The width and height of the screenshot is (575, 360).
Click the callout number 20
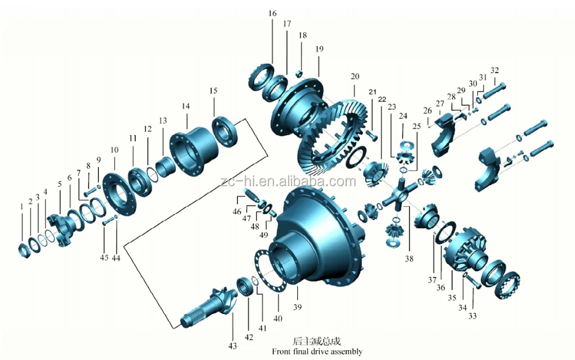[355, 76]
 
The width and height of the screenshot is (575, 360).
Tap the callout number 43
[232, 346]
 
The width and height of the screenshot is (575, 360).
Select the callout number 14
[185, 106]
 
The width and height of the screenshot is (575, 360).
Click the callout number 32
[494, 71]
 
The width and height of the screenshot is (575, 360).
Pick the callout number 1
[22, 205]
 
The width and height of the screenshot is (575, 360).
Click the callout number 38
[409, 259]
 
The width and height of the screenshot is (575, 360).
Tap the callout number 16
[272, 13]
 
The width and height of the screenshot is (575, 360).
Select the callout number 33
[473, 316]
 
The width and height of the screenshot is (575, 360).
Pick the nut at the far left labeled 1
[24, 251]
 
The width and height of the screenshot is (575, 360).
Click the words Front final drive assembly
[317, 351]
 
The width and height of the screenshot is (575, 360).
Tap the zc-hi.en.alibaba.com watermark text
[287, 182]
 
